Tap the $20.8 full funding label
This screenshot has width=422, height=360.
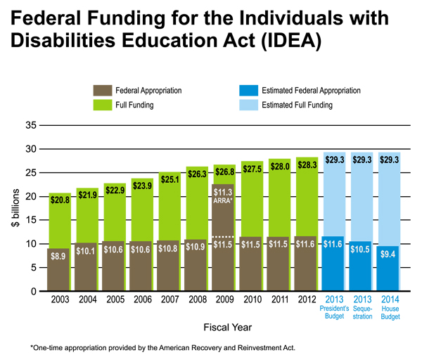pos(60,201)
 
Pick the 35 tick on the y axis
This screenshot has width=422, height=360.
pos(30,125)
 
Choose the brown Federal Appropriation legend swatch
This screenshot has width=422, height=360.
pos(103,91)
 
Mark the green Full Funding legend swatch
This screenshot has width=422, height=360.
pos(103,105)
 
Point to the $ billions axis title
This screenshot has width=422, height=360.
pos(15,209)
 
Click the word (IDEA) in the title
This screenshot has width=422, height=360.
pos(278,40)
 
